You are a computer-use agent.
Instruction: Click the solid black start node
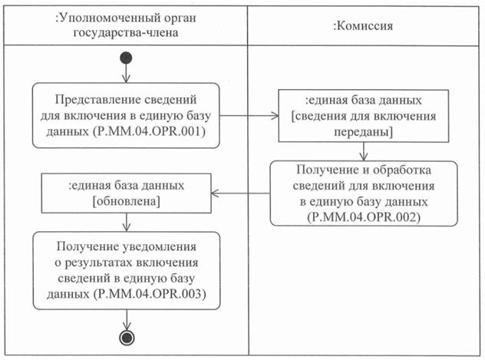(126, 58)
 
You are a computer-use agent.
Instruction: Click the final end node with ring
(126, 338)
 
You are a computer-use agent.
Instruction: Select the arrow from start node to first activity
(126, 74)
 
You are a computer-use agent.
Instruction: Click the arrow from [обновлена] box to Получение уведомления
(126, 222)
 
